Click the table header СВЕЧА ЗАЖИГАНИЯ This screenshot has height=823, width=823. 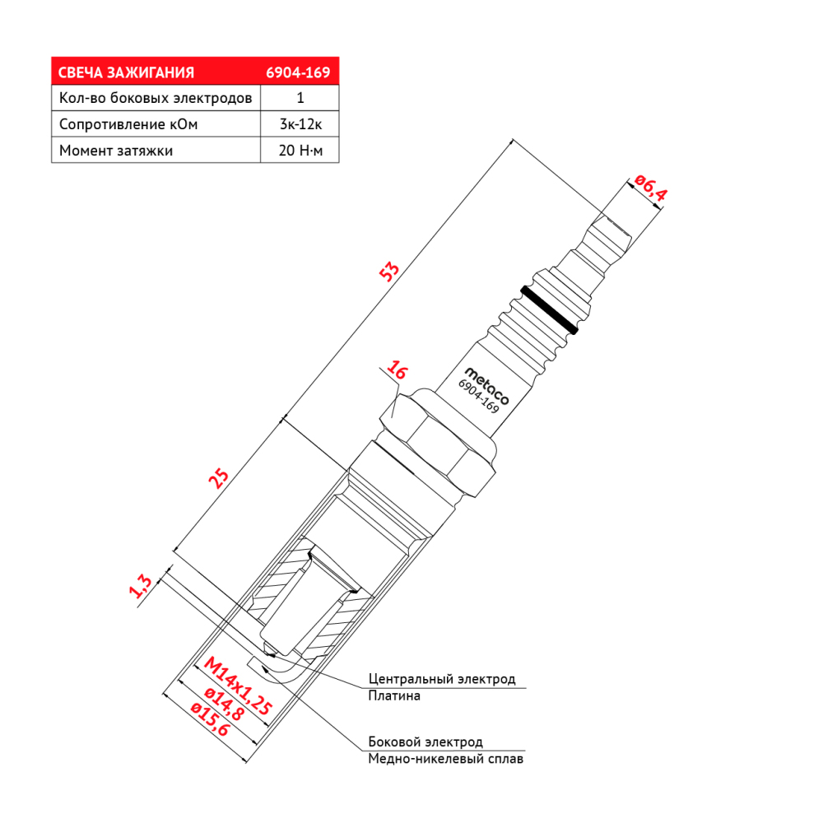coord(126,72)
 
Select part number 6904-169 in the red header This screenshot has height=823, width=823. coord(298,72)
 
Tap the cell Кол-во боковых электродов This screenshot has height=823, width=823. coord(156,98)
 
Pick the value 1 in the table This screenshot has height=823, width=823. coord(300,98)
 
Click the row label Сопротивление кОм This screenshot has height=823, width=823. coord(128,124)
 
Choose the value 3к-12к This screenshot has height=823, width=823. coord(300,124)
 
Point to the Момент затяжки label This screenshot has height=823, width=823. coord(116,151)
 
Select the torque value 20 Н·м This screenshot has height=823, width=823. coord(300,151)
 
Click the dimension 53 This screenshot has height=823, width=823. coord(389,272)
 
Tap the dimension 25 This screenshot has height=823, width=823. coord(219,478)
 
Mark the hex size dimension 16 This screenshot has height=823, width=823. coord(397,370)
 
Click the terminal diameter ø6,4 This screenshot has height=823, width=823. coord(650,188)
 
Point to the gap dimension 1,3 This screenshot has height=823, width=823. coord(140,586)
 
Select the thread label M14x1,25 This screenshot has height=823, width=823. coord(238,686)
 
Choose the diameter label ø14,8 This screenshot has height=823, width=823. coord(224,704)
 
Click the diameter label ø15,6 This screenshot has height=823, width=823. coord(211,719)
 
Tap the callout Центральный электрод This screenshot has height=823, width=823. coord(442,679)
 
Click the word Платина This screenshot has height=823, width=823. coord(394,696)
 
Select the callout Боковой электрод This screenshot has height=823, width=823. coord(425,742)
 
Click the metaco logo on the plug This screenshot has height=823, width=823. coord(487,386)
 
